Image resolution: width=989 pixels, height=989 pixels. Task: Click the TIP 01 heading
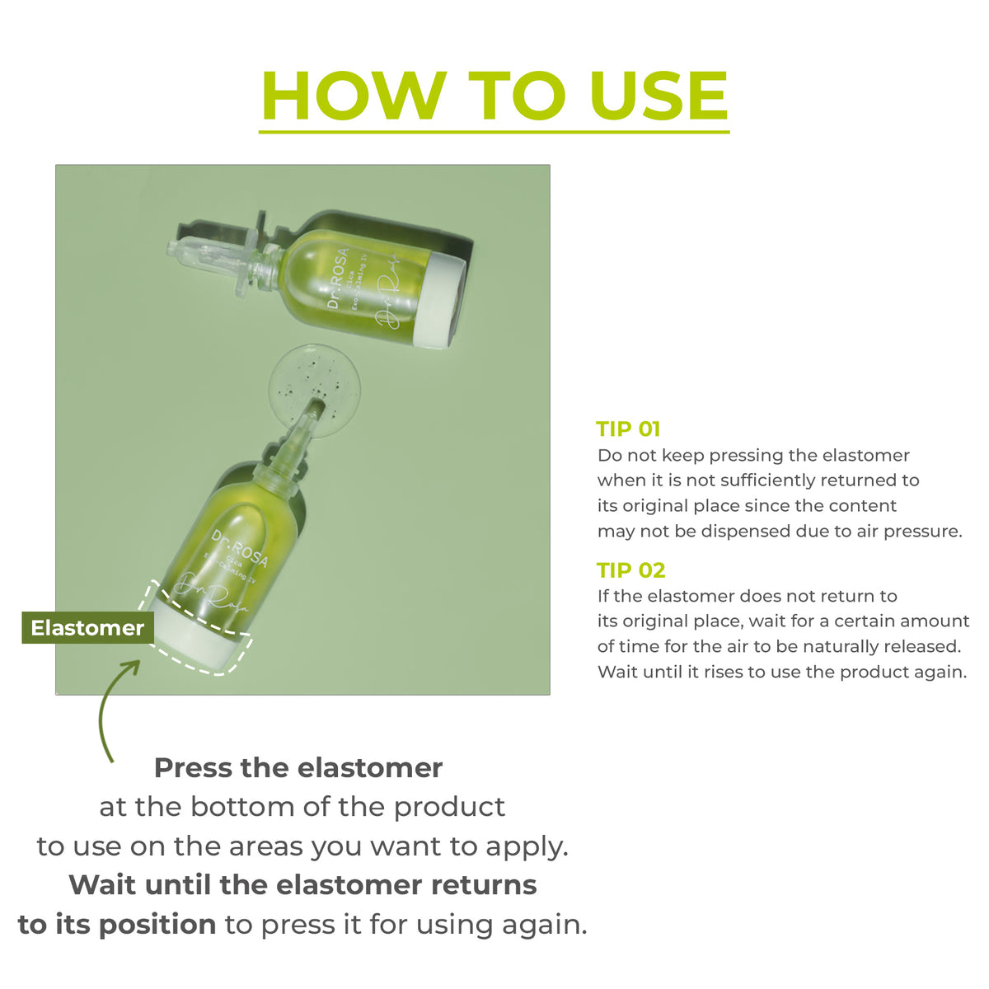(628, 429)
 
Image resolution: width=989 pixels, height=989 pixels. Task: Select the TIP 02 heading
(630, 570)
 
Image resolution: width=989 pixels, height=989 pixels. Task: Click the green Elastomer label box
(87, 628)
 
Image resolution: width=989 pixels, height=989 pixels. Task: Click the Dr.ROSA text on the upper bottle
(338, 278)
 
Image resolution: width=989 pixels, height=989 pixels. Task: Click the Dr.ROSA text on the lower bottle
(240, 549)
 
